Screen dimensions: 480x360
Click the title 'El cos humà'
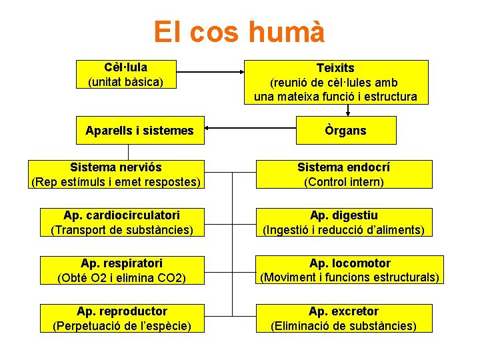pyautogui.click(x=239, y=32)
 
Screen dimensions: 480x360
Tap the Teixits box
pyautogui.click(x=335, y=82)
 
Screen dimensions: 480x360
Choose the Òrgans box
pyautogui.click(x=345, y=130)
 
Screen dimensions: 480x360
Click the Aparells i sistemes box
pyautogui.click(x=139, y=130)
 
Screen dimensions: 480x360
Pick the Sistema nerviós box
pyautogui.click(x=116, y=175)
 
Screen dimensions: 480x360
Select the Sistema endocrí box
pyautogui.click(x=344, y=175)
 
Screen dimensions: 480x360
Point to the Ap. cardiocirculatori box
pyautogui.click(x=121, y=223)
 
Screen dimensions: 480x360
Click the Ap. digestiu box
pyautogui.click(x=344, y=223)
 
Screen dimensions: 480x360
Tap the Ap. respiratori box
pyautogui.click(x=121, y=270)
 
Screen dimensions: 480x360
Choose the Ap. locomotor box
pyautogui.click(x=349, y=270)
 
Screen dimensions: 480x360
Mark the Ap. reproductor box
pyautogui.click(x=121, y=318)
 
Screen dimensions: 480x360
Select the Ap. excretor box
pyautogui.click(x=344, y=318)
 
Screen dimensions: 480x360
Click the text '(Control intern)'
pyautogui.click(x=344, y=181)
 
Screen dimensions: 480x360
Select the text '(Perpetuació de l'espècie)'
pyautogui.click(x=121, y=325)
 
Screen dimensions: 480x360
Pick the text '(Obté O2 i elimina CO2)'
pyautogui.click(x=121, y=277)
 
